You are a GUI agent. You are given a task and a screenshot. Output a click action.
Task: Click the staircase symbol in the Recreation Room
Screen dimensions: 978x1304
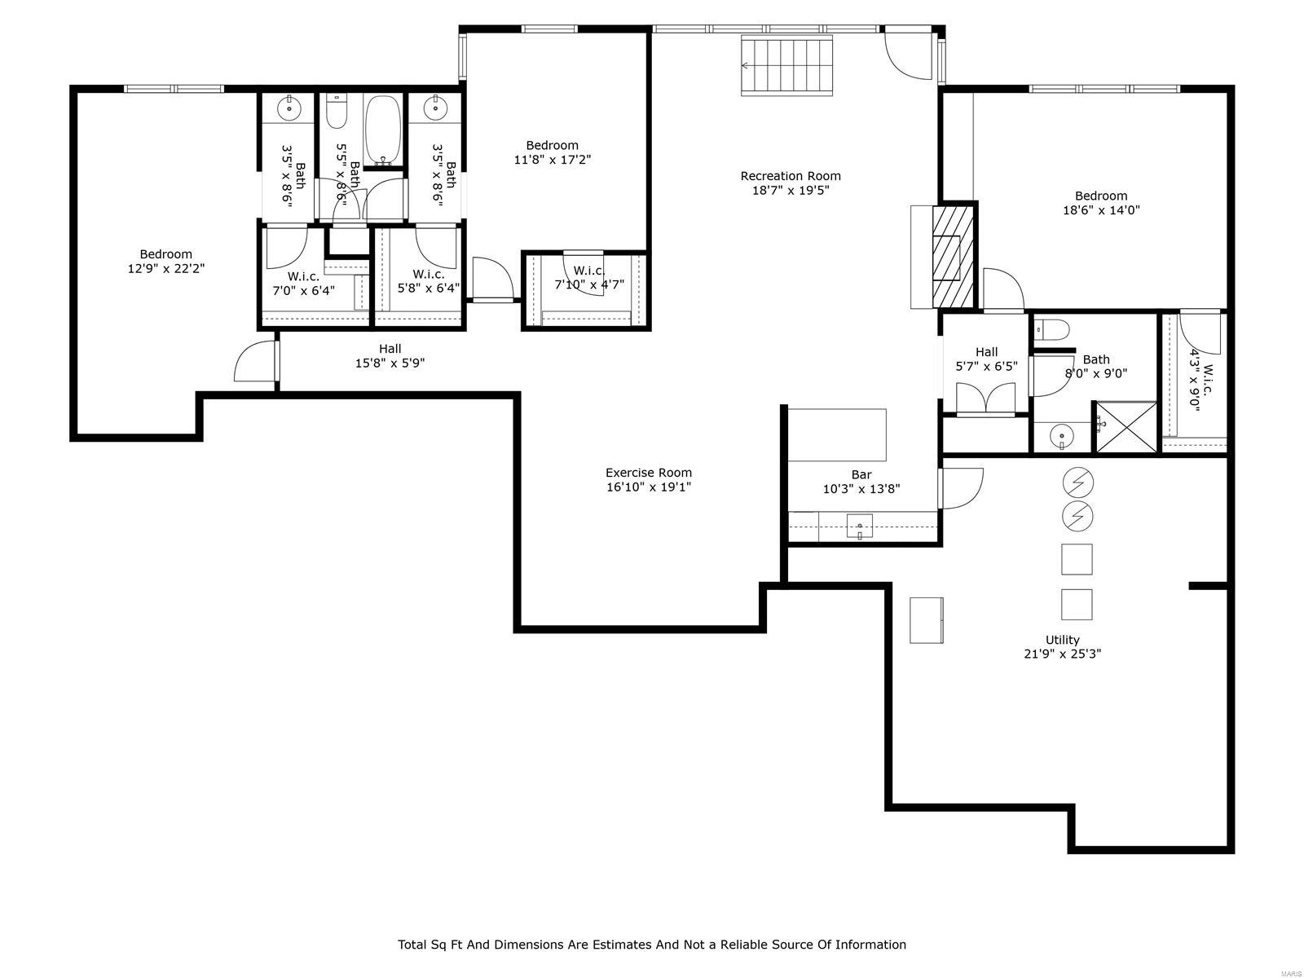coord(787,65)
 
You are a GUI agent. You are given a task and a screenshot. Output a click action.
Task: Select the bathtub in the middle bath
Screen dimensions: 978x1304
coord(381,130)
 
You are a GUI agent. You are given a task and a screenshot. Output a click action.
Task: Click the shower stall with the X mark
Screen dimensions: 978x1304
coord(1125,426)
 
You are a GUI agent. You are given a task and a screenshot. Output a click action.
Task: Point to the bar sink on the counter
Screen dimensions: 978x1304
coord(859,526)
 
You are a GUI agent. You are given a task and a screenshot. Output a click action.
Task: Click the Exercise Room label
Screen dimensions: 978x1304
coord(649,473)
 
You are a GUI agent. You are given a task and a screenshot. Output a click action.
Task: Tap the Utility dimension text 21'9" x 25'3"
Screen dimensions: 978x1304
coord(1063,654)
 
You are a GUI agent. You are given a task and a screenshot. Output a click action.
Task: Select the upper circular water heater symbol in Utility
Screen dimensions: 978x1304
coord(1077,484)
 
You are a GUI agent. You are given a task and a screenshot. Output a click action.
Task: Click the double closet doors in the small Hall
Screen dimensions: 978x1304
coord(985,400)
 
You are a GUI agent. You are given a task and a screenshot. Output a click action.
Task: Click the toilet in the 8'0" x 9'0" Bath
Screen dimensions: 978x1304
coord(1052,330)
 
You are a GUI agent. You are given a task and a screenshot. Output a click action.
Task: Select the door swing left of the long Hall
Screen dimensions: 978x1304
coord(255,362)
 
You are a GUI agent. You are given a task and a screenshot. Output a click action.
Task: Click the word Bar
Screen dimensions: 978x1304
coord(861,474)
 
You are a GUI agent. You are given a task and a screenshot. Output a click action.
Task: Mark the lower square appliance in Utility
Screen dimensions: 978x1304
coord(1077,604)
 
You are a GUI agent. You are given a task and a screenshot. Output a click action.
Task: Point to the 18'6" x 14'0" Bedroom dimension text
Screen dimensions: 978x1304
coord(1101,210)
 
